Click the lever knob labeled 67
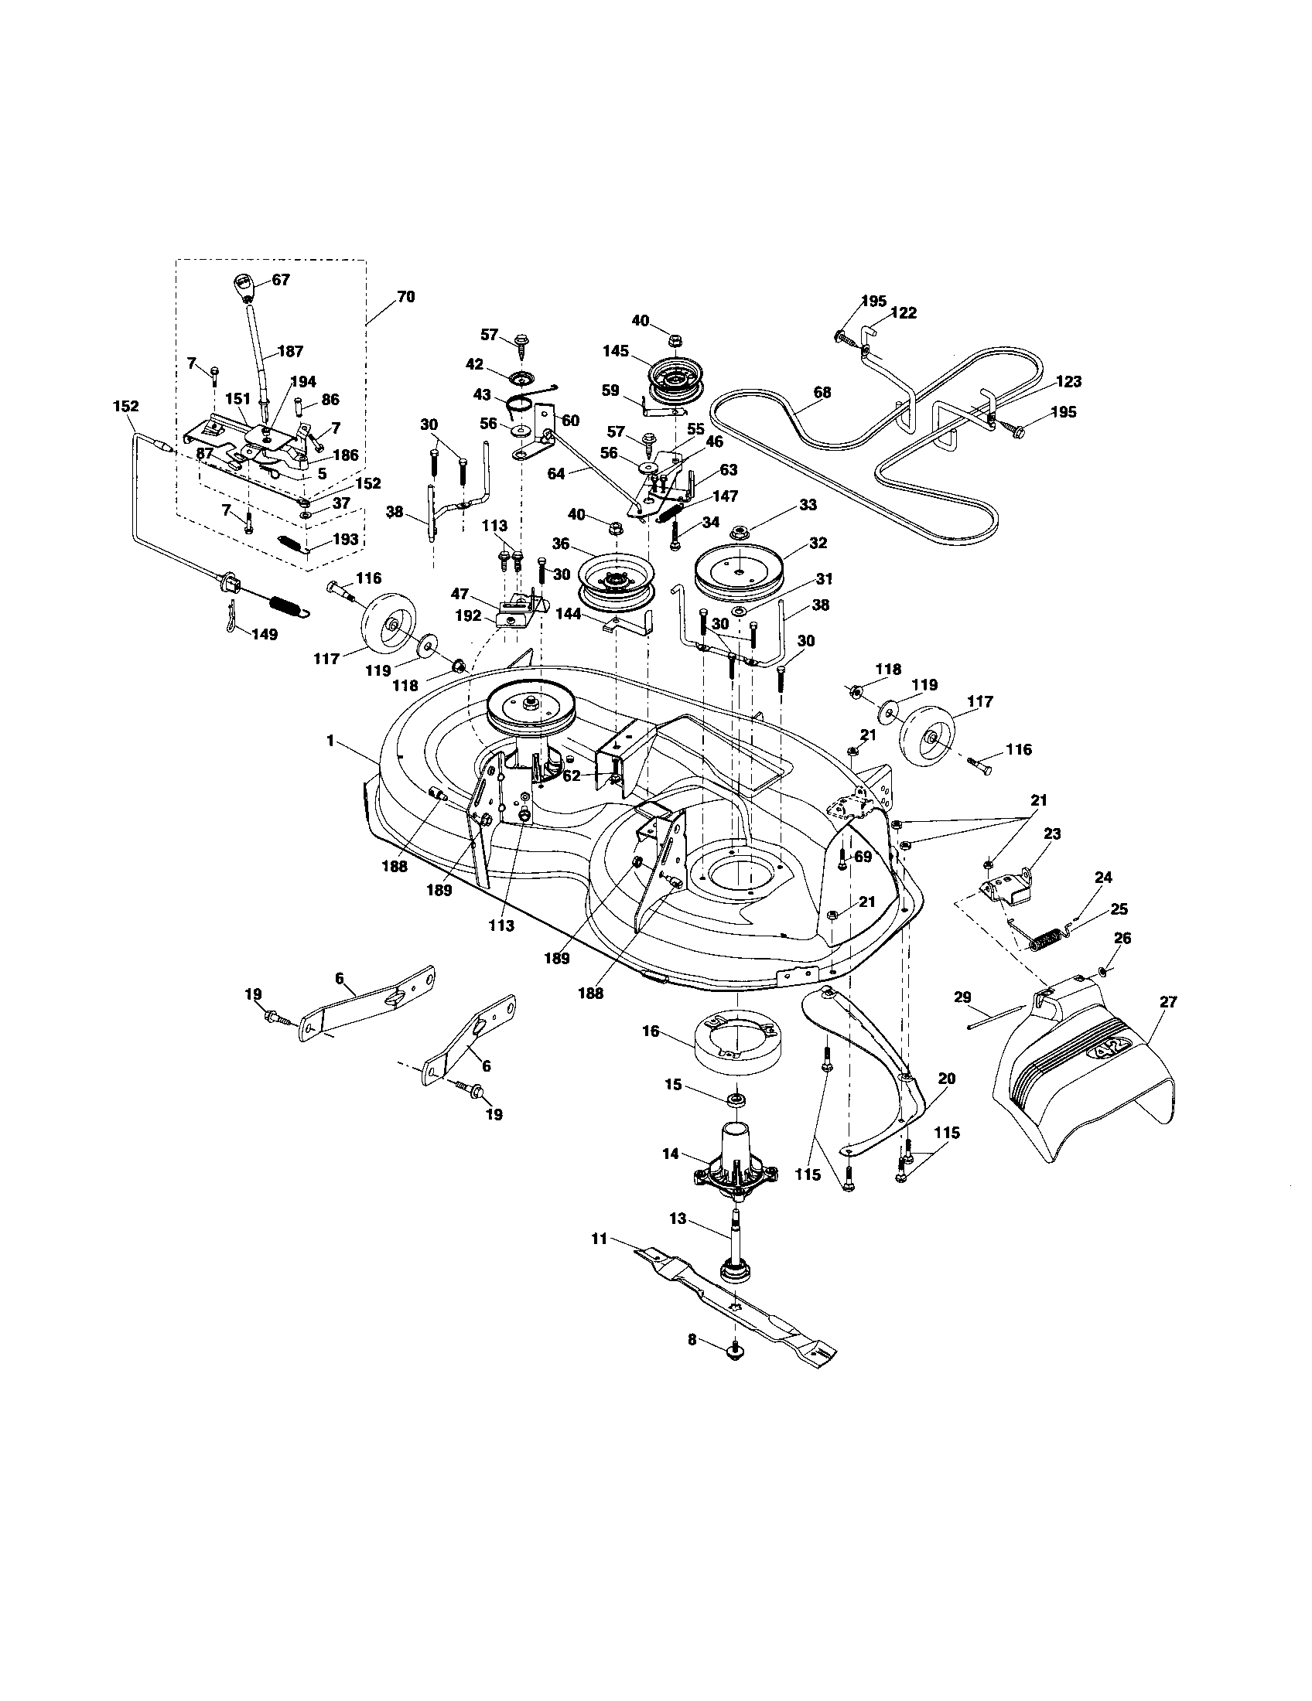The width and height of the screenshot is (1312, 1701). (244, 287)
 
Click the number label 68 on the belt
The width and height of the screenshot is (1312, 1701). (822, 393)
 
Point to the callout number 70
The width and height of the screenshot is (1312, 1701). (405, 297)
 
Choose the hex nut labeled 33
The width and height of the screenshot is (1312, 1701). (736, 533)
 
